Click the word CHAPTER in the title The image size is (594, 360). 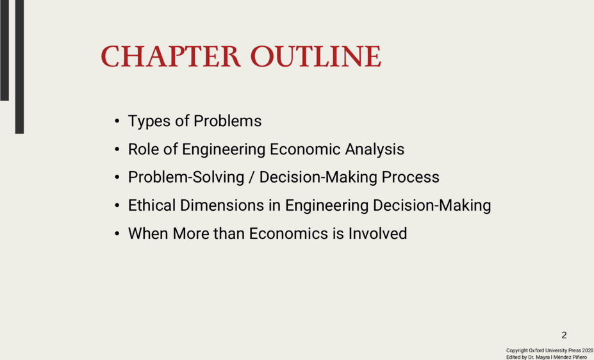[170, 57]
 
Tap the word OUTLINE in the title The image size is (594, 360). [315, 57]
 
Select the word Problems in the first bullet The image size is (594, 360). [227, 121]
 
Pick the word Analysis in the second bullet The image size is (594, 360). [374, 150]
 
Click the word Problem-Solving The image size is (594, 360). [186, 177]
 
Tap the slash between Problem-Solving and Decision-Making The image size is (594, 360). [252, 177]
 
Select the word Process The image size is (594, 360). [410, 177]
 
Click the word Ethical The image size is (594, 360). [152, 205]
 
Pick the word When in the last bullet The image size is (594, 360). [148, 234]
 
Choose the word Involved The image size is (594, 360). [377, 234]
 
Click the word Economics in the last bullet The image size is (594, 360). [288, 234]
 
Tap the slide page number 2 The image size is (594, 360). [564, 335]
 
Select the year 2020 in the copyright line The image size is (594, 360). [588, 350]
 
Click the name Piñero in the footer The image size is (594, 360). [580, 357]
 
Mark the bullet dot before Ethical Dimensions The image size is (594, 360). [117, 206]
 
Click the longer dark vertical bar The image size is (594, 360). [19, 67]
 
